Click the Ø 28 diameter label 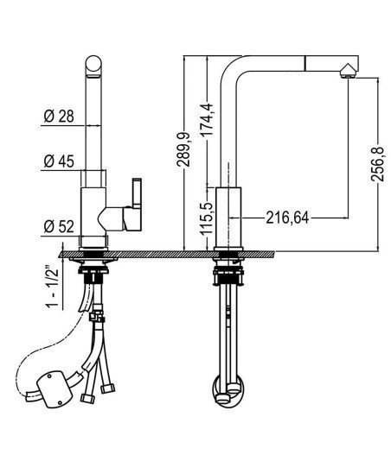click(x=59, y=117)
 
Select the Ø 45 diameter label click(x=59, y=161)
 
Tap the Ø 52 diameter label click(x=59, y=227)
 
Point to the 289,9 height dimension click(x=183, y=149)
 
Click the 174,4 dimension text click(x=208, y=119)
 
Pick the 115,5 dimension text click(x=208, y=218)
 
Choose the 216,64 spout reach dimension click(x=287, y=218)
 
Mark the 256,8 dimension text click(x=377, y=163)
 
